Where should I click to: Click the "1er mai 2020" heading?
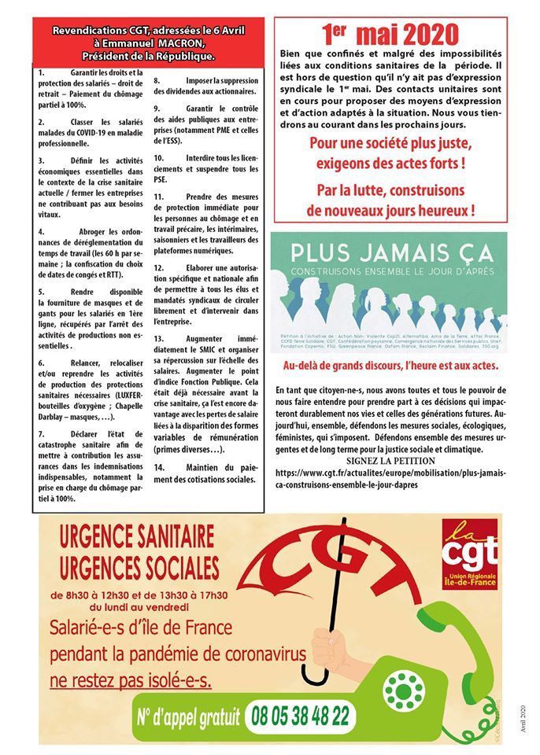coord(390,34)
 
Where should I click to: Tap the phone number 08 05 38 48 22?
coord(298,716)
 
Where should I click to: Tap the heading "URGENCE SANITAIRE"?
coord(138,538)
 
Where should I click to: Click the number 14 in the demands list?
coord(158,466)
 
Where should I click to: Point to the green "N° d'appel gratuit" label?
coord(186,716)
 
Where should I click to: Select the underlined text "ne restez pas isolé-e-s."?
coord(131,679)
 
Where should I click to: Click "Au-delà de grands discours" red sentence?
coord(390,366)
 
